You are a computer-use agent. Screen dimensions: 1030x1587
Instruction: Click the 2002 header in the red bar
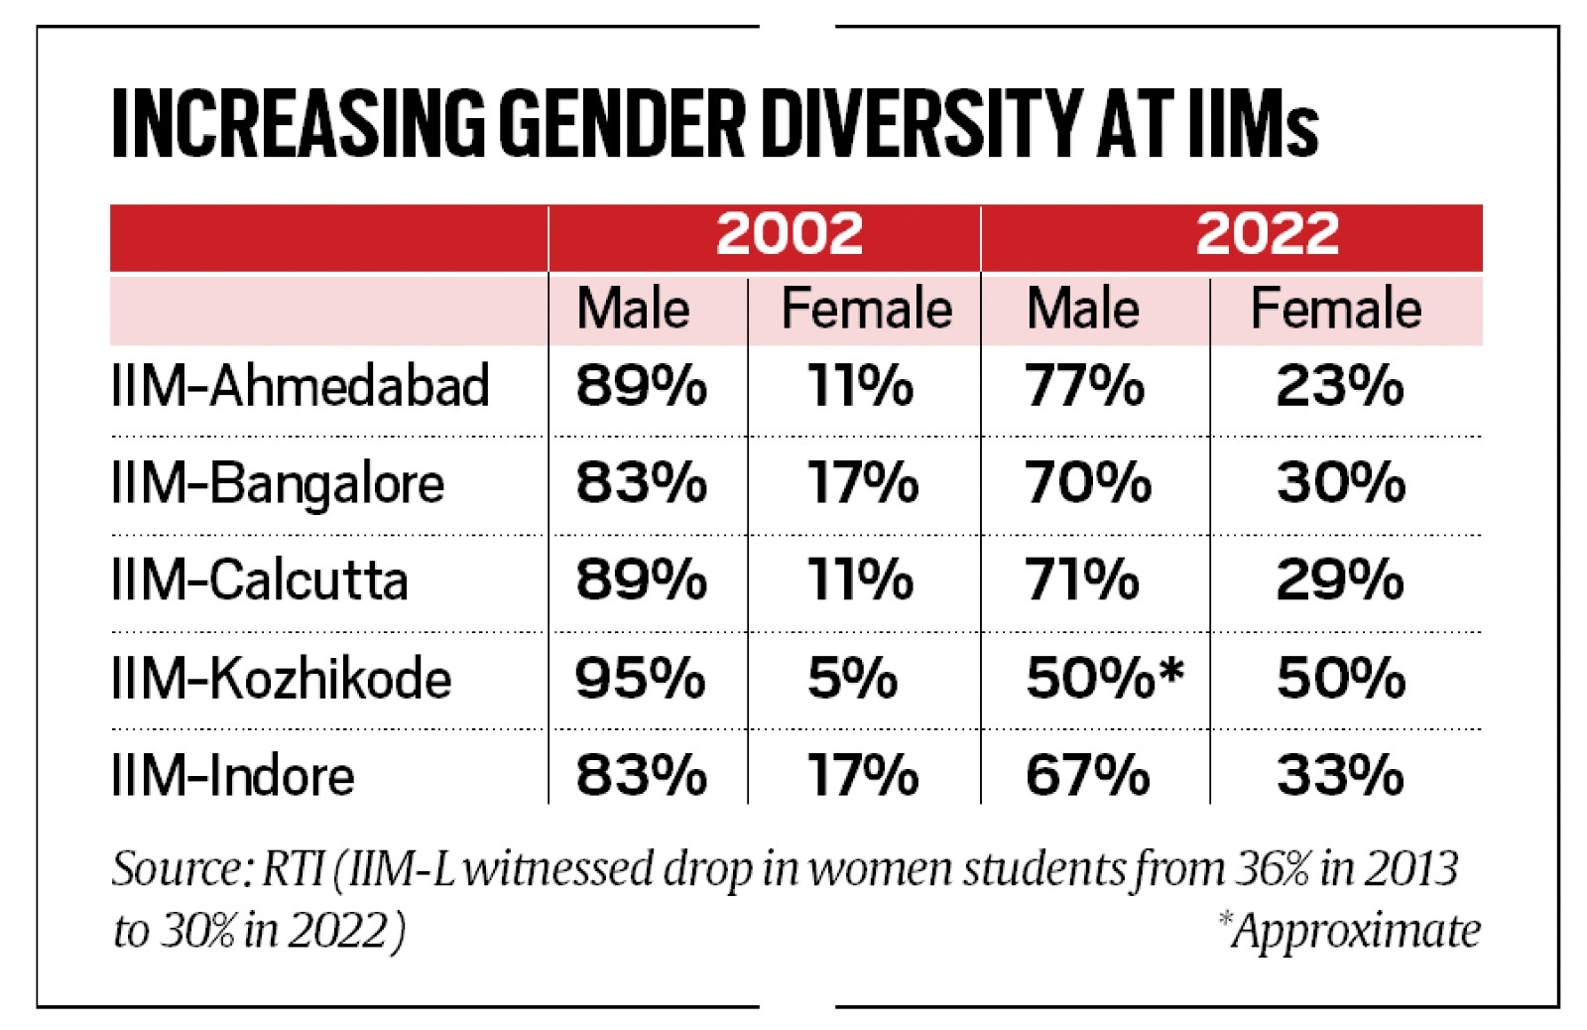(790, 234)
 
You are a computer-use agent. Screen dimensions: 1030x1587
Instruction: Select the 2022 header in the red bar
(1267, 234)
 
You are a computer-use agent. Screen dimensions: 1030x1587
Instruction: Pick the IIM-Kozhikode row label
(282, 679)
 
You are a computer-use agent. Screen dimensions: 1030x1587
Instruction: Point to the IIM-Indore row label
(233, 775)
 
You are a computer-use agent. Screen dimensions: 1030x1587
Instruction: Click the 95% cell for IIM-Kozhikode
(640, 679)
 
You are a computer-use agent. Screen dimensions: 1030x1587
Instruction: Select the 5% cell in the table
(852, 679)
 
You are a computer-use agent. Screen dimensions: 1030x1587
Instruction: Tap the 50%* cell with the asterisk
(1104, 679)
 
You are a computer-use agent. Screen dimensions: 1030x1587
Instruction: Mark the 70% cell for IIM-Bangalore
(1088, 482)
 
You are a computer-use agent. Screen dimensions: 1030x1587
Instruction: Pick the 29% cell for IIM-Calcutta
(1339, 579)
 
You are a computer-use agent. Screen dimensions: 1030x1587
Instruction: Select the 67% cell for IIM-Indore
(1087, 775)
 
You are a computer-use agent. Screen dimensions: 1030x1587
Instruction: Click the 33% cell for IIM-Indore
(1339, 775)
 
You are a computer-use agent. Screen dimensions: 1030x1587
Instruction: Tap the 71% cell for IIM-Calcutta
(1081, 579)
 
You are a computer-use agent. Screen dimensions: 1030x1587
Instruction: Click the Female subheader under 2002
(866, 309)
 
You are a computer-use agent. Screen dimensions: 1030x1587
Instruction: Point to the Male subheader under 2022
(1082, 309)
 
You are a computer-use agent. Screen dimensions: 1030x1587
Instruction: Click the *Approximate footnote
(1349, 931)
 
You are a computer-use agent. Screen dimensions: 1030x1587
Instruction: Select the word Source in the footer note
(175, 869)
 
